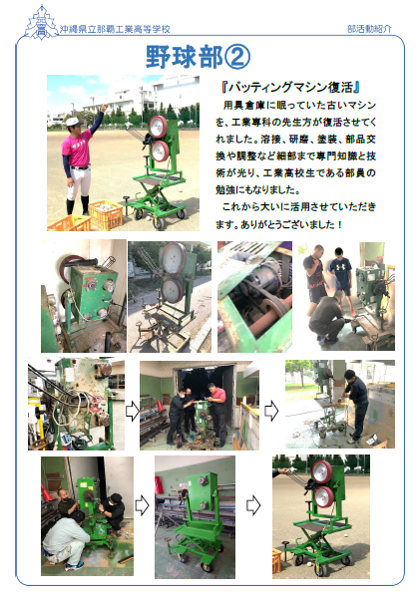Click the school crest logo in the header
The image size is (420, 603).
pyautogui.click(x=41, y=23)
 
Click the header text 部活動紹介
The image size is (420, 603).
pyautogui.click(x=369, y=29)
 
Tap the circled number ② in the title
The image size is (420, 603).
pyautogui.click(x=237, y=57)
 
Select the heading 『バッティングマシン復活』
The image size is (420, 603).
pyautogui.click(x=291, y=88)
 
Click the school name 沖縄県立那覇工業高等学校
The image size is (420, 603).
pyautogui.click(x=115, y=29)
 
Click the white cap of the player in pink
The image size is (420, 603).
pyautogui.click(x=73, y=122)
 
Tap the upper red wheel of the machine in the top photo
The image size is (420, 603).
pyautogui.click(x=158, y=127)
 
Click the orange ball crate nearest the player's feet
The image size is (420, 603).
pyautogui.click(x=105, y=214)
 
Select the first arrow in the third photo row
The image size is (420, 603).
pyautogui.click(x=133, y=411)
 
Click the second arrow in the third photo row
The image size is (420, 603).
pyautogui.click(x=271, y=411)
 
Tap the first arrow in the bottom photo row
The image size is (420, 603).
pyautogui.click(x=142, y=505)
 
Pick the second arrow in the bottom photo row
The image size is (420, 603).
pyautogui.click(x=253, y=505)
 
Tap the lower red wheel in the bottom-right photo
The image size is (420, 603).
pyautogui.click(x=324, y=497)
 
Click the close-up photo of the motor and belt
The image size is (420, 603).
pyautogui.click(x=254, y=296)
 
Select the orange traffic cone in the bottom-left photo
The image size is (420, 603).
pyautogui.click(x=46, y=492)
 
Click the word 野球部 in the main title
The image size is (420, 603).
pyautogui.click(x=185, y=57)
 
